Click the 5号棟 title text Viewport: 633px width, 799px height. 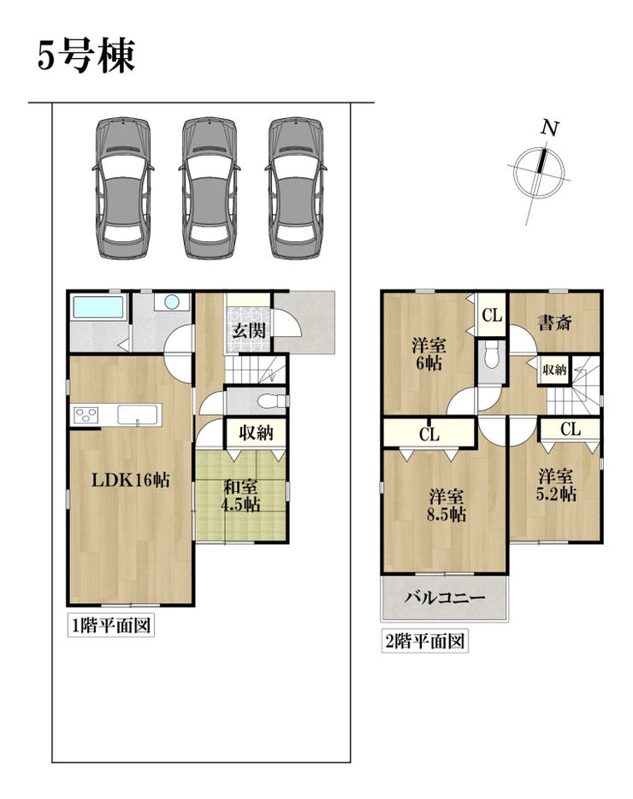tap(86, 56)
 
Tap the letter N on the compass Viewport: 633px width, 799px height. tap(550, 128)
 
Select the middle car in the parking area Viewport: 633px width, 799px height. tap(210, 188)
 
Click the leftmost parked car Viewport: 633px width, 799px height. tap(123, 188)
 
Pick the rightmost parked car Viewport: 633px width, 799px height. tap(296, 188)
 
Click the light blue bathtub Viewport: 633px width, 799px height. tap(98, 307)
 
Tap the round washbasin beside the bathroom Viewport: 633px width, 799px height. tap(172, 302)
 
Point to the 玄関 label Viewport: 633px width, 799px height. tap(249, 331)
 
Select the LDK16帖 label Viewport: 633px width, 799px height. tap(131, 480)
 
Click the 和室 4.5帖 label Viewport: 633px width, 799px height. tap(240, 496)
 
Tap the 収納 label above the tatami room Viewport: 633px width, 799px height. tap(257, 433)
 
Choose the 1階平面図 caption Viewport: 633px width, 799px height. tap(111, 625)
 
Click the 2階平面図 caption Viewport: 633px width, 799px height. tap(424, 641)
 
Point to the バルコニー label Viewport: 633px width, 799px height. tap(445, 597)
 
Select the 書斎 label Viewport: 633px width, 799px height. tap(555, 322)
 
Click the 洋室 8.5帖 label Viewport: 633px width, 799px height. tap(447, 505)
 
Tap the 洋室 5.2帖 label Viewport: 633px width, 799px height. tap(557, 486)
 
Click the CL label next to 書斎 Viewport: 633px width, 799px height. tap(492, 316)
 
